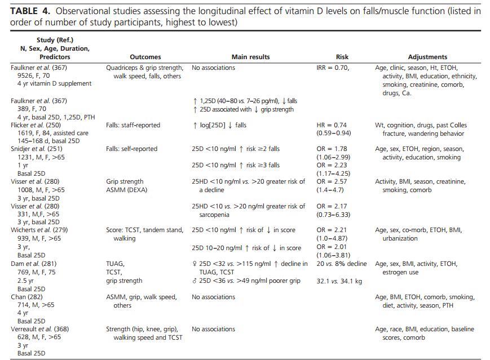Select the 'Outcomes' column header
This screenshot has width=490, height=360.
145,57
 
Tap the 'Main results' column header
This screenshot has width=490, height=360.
250,57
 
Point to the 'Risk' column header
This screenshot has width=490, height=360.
342,57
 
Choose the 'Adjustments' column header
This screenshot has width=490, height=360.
427,57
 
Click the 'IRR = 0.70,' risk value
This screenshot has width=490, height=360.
333,68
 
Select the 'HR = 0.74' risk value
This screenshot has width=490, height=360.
332,125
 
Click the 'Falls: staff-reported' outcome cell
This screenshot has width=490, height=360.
133,125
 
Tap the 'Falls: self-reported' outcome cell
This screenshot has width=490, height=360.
131,149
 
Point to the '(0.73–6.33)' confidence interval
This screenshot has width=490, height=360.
333,215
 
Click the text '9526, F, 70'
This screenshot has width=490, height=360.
33,75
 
